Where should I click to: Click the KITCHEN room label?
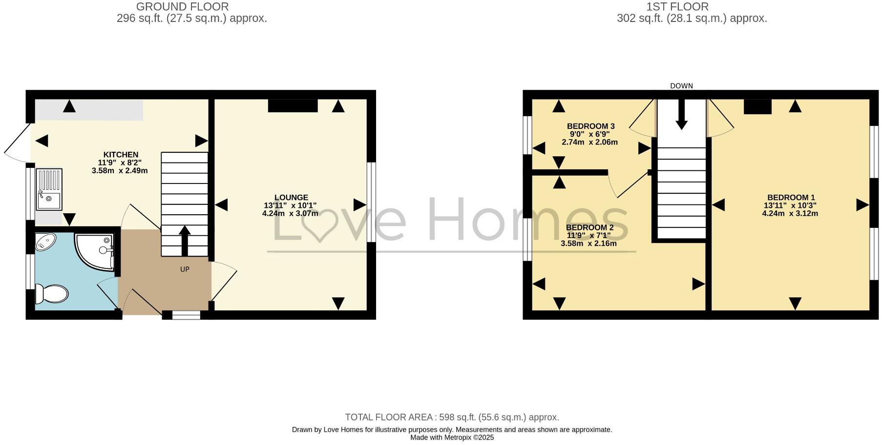pyautogui.click(x=121, y=155)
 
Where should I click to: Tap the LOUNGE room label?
pyautogui.click(x=291, y=198)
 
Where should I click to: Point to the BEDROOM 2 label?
pyautogui.click(x=589, y=227)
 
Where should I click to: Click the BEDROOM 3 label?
pyautogui.click(x=590, y=126)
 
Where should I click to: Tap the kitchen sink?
pyautogui.click(x=49, y=189)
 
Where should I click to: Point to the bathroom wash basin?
pyautogui.click(x=45, y=241)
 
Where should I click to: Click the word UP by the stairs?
pyautogui.click(x=185, y=269)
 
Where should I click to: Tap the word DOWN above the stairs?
pyautogui.click(x=681, y=86)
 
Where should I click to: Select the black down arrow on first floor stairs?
pyautogui.click(x=681, y=115)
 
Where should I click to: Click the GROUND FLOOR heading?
pyautogui.click(x=182, y=7)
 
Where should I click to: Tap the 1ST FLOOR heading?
pyautogui.click(x=677, y=7)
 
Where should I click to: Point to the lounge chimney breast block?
pyautogui.click(x=293, y=106)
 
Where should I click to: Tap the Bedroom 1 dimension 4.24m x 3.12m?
pyautogui.click(x=790, y=213)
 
